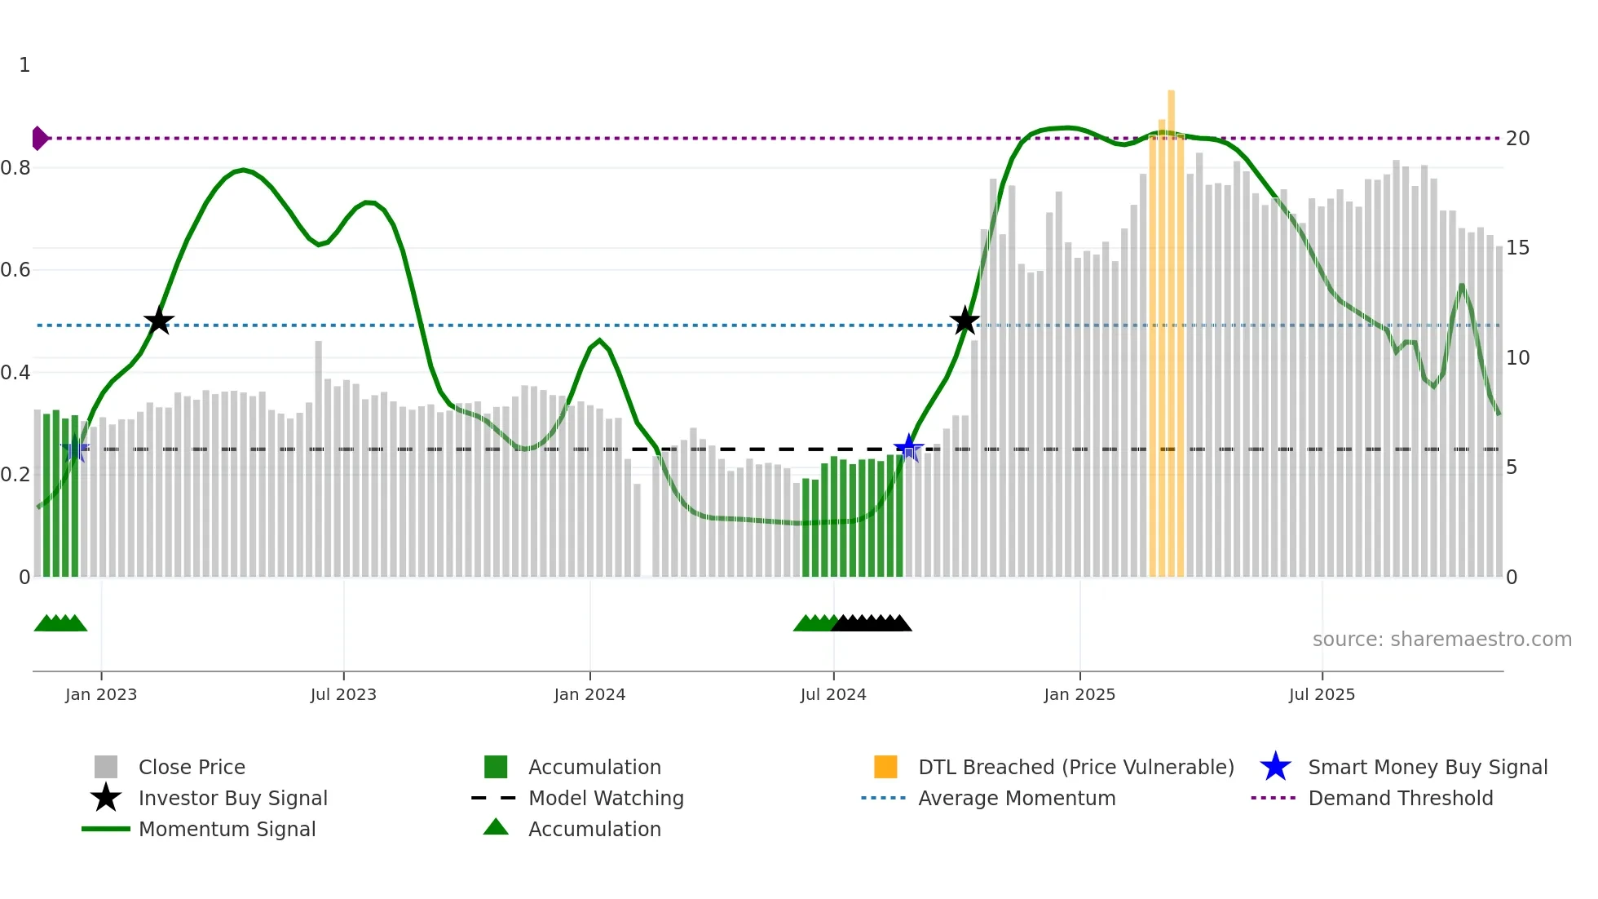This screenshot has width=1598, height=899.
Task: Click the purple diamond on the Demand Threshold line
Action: (x=39, y=139)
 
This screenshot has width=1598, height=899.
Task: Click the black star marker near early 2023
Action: (x=159, y=321)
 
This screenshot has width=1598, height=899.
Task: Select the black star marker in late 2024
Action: (x=965, y=321)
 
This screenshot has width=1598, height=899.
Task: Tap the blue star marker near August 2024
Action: (x=908, y=448)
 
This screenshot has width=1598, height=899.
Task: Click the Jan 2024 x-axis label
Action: (x=589, y=695)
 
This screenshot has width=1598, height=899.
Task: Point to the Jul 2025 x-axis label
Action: (x=1322, y=695)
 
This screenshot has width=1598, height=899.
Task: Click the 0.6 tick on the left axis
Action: (x=16, y=270)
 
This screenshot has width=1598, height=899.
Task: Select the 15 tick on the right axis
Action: (x=1517, y=248)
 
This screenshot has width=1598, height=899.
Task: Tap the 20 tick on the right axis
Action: (x=1517, y=139)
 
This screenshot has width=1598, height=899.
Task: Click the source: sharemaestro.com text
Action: (x=1441, y=640)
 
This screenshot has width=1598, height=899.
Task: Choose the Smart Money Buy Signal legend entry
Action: (x=1427, y=768)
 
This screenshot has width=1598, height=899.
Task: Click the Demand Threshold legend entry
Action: (x=1400, y=799)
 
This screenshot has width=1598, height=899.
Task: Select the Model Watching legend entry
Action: (x=605, y=799)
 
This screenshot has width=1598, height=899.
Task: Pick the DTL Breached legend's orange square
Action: (x=885, y=767)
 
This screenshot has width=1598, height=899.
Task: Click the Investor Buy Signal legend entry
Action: (x=232, y=799)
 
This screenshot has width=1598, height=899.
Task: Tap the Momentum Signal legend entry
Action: (x=227, y=830)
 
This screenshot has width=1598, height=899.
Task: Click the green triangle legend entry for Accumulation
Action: (x=496, y=828)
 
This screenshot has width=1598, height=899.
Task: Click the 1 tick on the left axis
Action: (x=24, y=65)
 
